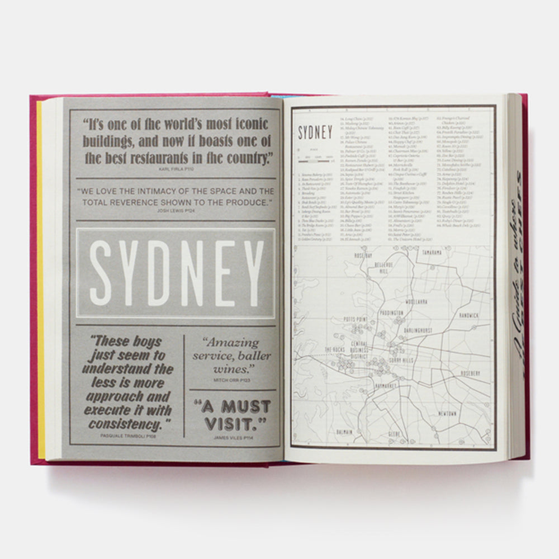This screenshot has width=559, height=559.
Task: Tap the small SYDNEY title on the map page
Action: (315, 133)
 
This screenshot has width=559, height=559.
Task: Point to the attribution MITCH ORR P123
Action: (231, 380)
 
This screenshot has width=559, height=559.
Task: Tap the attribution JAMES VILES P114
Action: (231, 438)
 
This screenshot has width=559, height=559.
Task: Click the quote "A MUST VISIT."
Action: (231, 414)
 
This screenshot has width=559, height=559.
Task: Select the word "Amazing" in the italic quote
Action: (230, 343)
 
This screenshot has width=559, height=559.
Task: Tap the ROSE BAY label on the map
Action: (367, 255)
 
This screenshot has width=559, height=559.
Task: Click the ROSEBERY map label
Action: (467, 372)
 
